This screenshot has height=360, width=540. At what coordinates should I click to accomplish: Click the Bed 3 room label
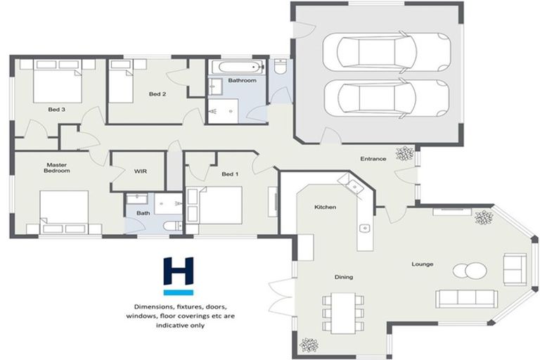point(57,109)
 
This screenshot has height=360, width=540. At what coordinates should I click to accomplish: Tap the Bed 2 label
point(157,94)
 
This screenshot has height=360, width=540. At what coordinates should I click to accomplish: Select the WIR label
point(140,171)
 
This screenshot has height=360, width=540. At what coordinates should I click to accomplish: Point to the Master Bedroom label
point(57,167)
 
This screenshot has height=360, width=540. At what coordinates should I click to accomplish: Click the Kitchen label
point(325,207)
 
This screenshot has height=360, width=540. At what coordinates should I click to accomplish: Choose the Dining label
point(343,277)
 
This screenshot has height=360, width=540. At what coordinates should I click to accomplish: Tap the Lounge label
point(423,264)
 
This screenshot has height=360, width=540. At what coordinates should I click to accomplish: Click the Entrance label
point(373,158)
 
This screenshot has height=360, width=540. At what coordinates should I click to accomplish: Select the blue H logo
point(179,275)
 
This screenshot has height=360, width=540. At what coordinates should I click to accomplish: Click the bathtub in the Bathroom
point(235,68)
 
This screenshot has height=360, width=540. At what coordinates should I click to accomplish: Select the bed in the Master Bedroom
point(64,212)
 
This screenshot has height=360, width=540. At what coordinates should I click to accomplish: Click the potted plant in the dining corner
point(308,345)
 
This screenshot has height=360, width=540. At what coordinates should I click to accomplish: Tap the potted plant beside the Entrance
point(406,153)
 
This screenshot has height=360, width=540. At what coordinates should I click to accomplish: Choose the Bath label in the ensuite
point(143,213)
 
